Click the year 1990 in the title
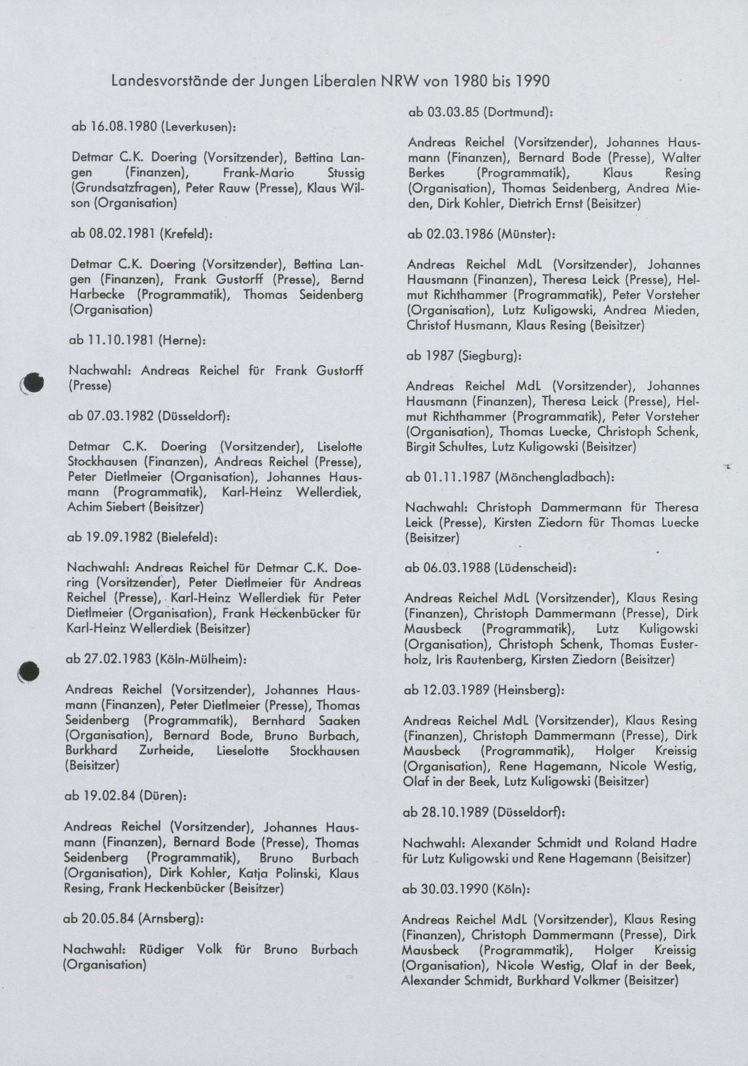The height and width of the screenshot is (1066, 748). coord(532,81)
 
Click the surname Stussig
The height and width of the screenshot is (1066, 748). coord(346,173)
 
